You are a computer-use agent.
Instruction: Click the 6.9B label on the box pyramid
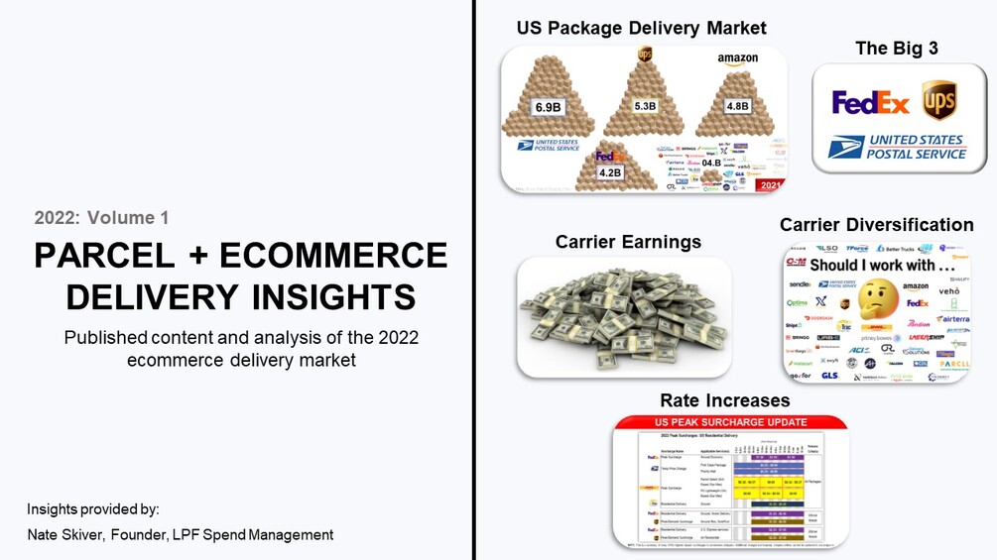tap(549, 107)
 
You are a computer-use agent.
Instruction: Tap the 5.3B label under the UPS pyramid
tap(645, 106)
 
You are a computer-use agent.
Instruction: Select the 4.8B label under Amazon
tap(737, 106)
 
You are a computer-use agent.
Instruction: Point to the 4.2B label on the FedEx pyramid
tap(609, 172)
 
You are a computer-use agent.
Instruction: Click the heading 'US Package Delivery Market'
tap(641, 28)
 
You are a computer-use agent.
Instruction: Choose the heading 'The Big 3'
tap(896, 49)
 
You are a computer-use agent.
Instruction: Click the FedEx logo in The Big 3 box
tap(870, 103)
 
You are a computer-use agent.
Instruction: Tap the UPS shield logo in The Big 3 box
tap(938, 100)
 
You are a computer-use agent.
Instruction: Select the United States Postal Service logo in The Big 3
tap(897, 148)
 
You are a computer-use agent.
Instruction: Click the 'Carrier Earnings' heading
tap(628, 242)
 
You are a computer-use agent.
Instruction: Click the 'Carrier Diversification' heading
tap(876, 225)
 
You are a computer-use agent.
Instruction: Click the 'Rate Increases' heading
tap(724, 400)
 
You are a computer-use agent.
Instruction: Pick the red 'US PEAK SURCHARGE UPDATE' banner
tap(731, 422)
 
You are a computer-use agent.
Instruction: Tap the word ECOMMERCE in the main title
tap(334, 256)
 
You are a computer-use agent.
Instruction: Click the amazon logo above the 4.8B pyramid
tap(737, 59)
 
